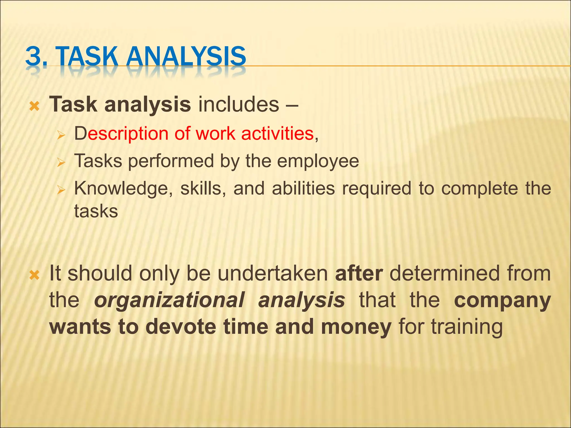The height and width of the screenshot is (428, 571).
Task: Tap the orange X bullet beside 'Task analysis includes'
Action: (x=34, y=106)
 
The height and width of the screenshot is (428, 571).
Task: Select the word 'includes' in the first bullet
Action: (x=238, y=104)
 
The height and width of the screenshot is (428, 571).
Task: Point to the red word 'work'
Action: (x=215, y=133)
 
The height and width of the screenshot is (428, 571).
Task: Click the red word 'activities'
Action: (x=277, y=133)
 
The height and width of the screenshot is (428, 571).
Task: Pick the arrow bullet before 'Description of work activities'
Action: (x=61, y=136)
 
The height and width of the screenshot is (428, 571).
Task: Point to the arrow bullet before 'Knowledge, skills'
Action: (x=61, y=190)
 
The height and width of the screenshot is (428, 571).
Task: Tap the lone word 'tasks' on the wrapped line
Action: (x=96, y=211)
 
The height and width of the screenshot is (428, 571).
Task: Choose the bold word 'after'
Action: (x=359, y=274)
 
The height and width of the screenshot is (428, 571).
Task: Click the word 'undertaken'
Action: (x=272, y=274)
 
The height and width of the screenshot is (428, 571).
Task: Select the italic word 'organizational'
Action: (x=169, y=300)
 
